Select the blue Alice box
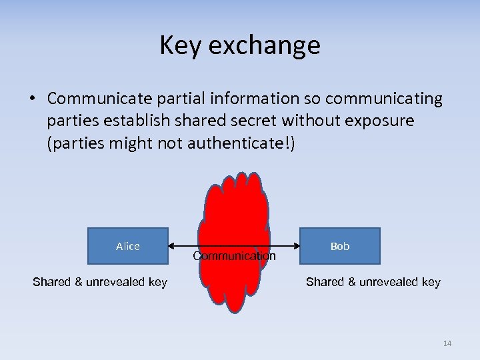click(127, 246)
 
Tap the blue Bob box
click(340, 246)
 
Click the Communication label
click(234, 256)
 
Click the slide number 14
click(447, 343)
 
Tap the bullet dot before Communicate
click(33, 99)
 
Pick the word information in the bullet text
click(251, 99)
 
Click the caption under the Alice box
click(100, 282)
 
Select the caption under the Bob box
click(373, 282)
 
